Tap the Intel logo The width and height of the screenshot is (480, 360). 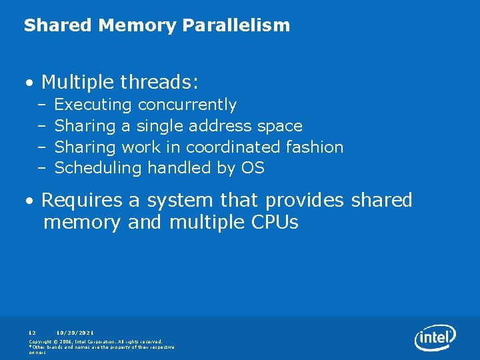point(435,338)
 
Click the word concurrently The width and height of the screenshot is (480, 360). point(187,105)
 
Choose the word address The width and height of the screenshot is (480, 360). point(219,126)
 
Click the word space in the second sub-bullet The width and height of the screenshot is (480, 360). point(279,126)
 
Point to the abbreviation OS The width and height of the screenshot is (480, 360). point(253,168)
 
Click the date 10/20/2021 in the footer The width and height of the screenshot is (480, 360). point(75,332)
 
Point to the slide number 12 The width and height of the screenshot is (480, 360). point(32,332)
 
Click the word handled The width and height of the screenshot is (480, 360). point(179,168)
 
